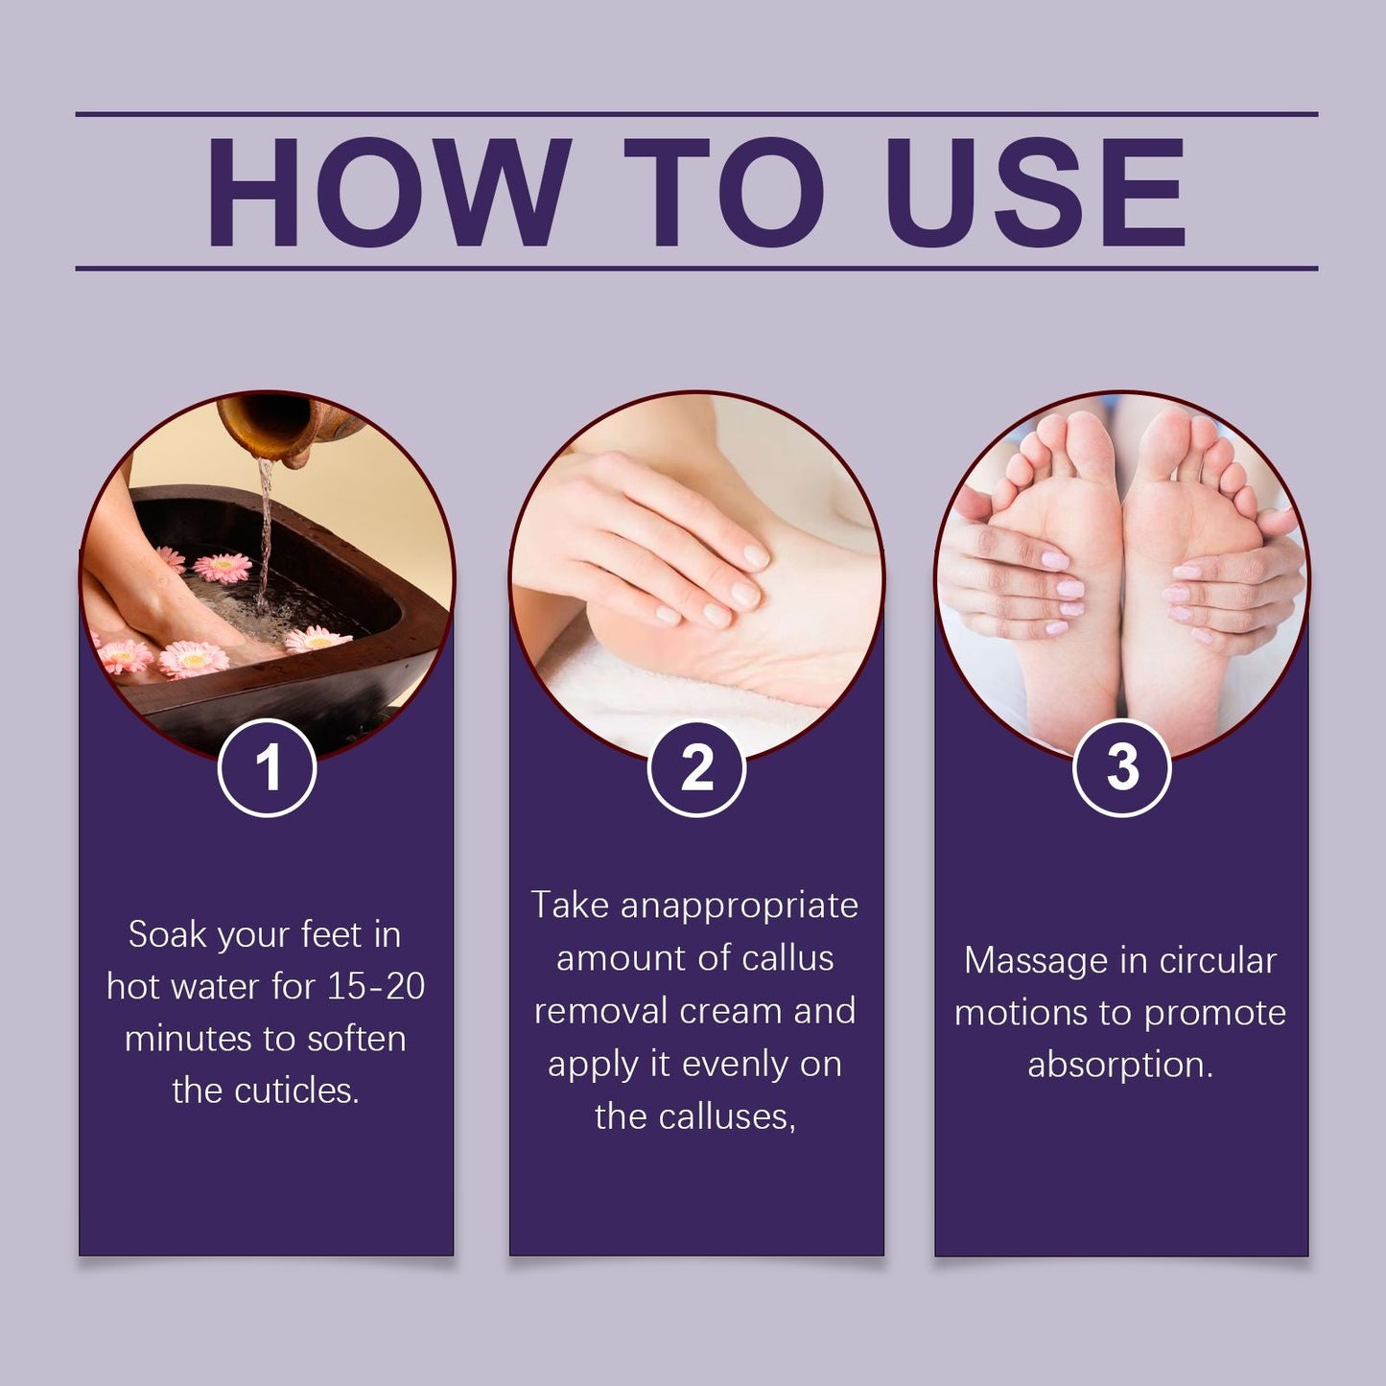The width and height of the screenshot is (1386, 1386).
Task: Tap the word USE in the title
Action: pyautogui.click(x=1036, y=192)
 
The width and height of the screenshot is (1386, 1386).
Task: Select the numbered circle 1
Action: pyautogui.click(x=268, y=767)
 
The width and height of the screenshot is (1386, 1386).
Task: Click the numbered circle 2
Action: pyautogui.click(x=697, y=767)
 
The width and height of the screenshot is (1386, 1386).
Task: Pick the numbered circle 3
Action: pyautogui.click(x=1121, y=767)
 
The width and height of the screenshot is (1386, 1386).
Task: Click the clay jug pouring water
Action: pyautogui.click(x=264, y=427)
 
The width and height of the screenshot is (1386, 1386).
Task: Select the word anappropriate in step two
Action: pyautogui.click(x=739, y=905)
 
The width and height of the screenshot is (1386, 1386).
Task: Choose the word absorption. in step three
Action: pyautogui.click(x=1120, y=1065)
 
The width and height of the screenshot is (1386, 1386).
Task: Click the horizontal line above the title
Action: pyautogui.click(x=696, y=114)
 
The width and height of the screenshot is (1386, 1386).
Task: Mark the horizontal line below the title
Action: pyautogui.click(x=696, y=269)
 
